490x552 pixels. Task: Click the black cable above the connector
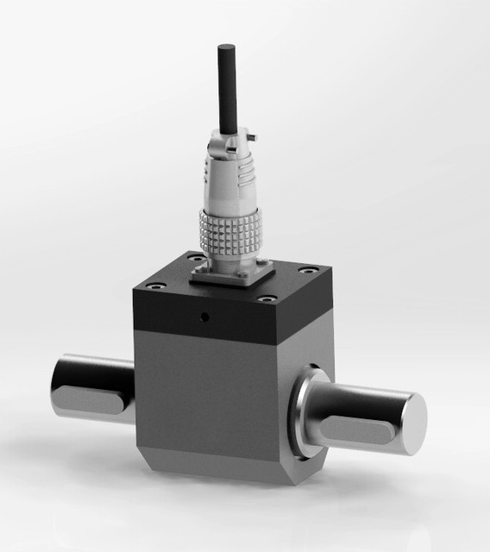point(228,86)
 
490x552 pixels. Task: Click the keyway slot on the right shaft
point(358,428)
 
